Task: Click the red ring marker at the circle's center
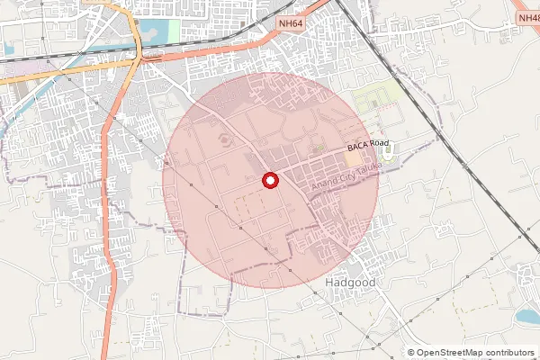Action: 269,181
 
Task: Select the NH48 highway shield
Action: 528,17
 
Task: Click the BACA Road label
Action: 368,144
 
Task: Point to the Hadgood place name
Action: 348,283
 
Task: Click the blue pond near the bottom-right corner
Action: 527,316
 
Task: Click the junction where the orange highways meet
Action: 139,58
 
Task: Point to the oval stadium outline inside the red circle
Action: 222,139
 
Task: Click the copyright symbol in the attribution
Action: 411,353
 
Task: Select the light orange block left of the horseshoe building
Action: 351,158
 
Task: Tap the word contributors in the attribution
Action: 507,353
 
